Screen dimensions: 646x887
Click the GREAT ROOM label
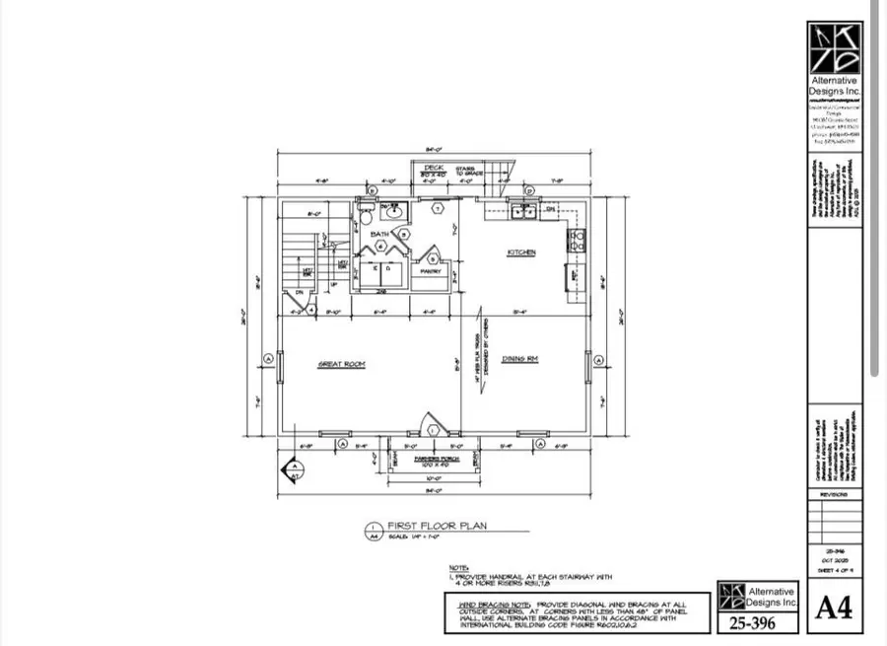[x=342, y=364]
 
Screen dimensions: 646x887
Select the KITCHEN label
[x=521, y=252]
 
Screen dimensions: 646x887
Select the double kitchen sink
[x=521, y=210]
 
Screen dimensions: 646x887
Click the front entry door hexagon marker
[x=432, y=428]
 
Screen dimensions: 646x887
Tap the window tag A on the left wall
[x=267, y=358]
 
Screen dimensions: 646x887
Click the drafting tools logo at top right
[x=833, y=44]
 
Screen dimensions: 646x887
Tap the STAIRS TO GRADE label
[x=466, y=171]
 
